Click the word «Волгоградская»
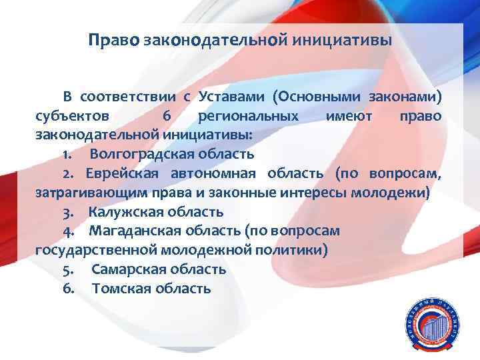point(135,155)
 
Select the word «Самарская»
point(124,270)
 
